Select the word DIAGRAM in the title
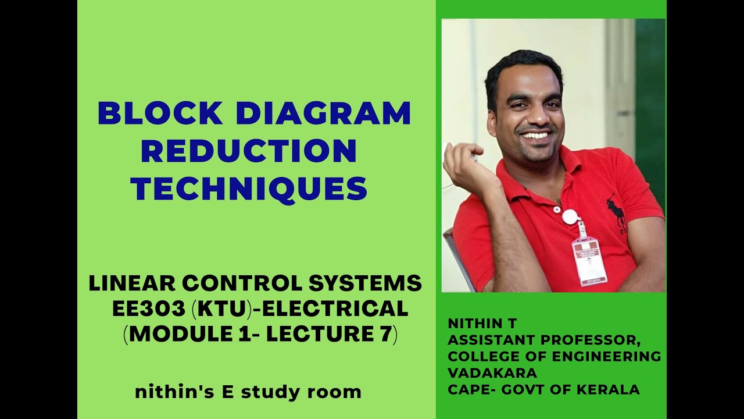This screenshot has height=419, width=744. (319, 113)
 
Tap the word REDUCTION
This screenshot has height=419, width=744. (249, 151)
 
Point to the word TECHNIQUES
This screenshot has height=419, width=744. (249, 189)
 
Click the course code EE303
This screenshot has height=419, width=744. (149, 309)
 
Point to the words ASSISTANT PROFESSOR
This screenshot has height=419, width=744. (544, 340)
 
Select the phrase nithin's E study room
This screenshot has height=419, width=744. (248, 392)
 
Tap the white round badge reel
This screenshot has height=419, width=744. (571, 216)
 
